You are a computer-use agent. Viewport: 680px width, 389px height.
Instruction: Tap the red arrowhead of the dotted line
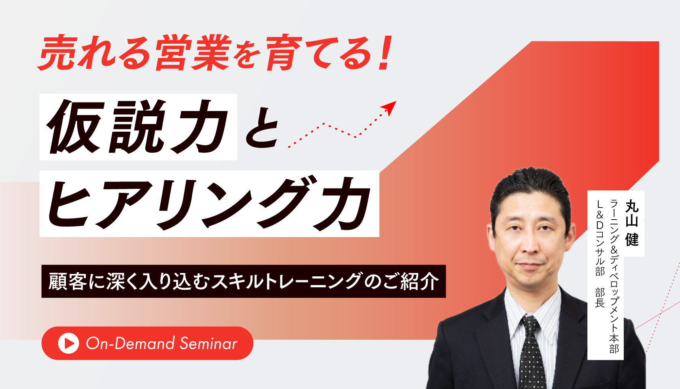389,107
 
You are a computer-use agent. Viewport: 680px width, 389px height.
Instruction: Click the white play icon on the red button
69,343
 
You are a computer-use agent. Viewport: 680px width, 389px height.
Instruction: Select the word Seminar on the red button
208,344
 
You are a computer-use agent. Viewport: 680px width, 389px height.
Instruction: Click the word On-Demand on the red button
130,344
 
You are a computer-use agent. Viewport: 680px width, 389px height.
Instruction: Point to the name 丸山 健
632,223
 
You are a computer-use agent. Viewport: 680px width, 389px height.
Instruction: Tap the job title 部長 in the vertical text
600,298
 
